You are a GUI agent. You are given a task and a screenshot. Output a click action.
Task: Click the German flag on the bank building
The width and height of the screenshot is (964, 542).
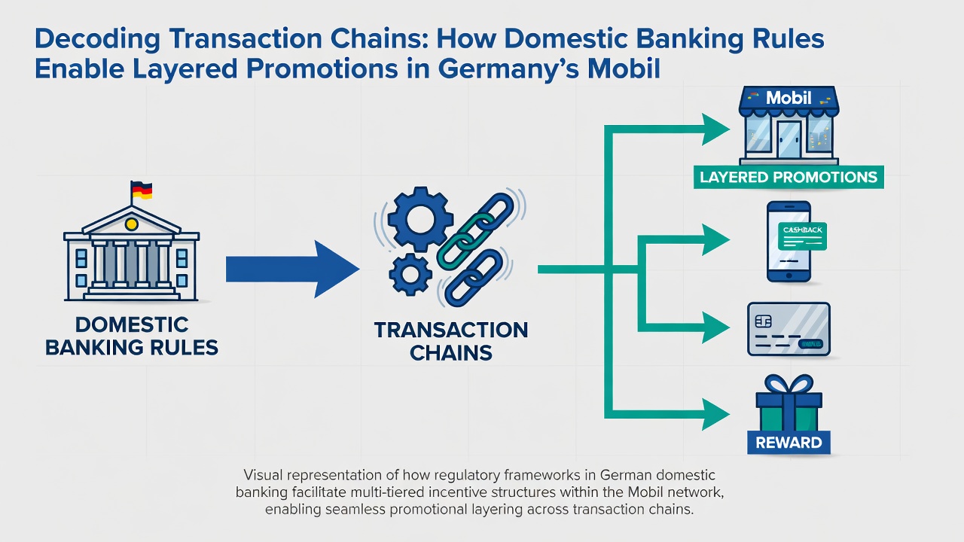click(142, 190)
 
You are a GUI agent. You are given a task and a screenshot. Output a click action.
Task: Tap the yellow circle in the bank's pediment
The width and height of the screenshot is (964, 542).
click(131, 224)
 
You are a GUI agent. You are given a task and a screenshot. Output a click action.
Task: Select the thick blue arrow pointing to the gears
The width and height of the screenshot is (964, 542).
click(293, 269)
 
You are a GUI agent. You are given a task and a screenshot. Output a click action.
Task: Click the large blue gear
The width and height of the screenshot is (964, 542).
click(420, 219)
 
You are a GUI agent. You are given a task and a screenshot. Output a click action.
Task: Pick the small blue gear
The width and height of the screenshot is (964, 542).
click(410, 274)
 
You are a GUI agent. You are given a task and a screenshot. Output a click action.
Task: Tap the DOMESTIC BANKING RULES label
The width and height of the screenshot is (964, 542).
click(132, 336)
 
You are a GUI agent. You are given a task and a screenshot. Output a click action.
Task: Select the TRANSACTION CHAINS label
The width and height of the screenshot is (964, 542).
click(451, 342)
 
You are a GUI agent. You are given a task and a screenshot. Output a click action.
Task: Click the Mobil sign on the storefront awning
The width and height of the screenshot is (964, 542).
click(789, 98)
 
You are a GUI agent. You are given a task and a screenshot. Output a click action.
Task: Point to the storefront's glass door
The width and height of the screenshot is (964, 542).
click(789, 139)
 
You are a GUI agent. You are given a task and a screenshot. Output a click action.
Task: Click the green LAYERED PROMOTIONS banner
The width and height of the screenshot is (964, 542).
click(789, 177)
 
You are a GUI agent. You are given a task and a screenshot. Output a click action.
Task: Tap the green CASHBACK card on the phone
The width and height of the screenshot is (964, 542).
click(802, 236)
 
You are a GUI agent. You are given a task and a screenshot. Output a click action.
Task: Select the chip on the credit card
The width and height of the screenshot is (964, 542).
click(763, 321)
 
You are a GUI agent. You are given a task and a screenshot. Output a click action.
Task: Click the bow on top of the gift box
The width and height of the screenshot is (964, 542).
click(789, 384)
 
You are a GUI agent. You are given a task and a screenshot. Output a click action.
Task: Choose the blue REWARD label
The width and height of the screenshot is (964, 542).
click(789, 442)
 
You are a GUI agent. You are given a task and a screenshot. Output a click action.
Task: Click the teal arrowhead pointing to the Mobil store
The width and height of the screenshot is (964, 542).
click(715, 129)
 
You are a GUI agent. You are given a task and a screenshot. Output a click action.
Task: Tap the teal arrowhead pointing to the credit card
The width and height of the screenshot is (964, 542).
click(715, 327)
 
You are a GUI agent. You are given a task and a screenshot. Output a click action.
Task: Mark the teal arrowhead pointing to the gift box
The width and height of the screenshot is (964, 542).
click(715, 414)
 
